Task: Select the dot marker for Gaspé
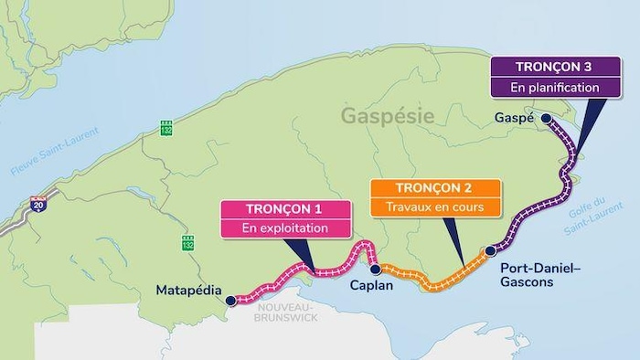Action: (546, 119)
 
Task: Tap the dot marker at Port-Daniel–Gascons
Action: (490, 249)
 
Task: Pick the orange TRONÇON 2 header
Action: (435, 188)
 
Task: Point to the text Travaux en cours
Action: (435, 207)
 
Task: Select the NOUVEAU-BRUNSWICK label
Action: (285, 312)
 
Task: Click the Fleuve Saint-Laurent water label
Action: (37, 161)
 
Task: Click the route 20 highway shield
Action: (37, 206)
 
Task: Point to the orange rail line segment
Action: (430, 284)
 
